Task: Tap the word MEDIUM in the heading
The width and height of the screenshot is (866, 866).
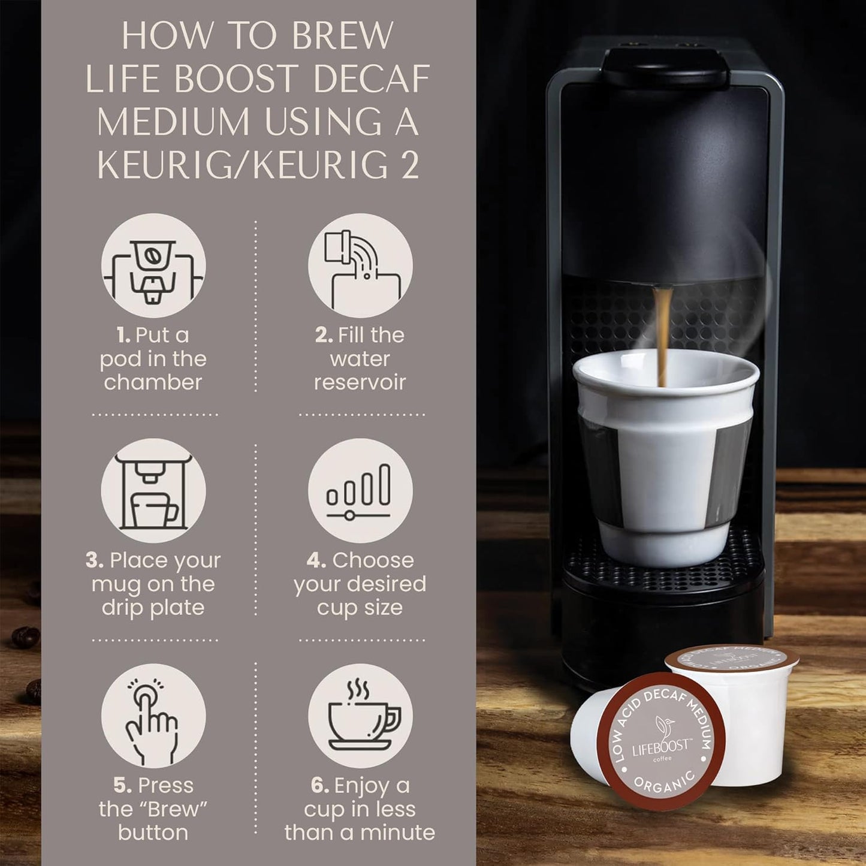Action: tap(173, 122)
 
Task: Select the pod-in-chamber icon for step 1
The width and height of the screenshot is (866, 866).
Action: tap(153, 265)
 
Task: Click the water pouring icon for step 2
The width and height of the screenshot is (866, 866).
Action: tap(360, 265)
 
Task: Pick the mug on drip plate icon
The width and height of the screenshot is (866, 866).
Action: tap(153, 491)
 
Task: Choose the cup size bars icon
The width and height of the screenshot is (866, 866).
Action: tap(360, 491)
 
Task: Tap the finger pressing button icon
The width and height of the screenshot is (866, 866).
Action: tap(153, 716)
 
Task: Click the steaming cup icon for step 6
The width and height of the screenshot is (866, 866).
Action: tap(360, 716)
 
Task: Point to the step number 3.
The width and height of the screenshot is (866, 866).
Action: tap(95, 560)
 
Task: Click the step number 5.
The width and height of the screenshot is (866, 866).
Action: tap(122, 785)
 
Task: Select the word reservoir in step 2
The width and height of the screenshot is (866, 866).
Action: tap(360, 382)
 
